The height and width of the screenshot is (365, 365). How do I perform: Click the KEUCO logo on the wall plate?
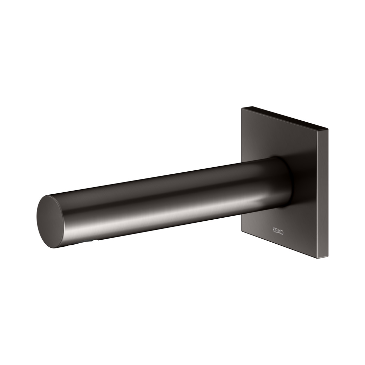(278, 231)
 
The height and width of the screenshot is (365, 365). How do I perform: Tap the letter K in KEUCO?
(273, 230)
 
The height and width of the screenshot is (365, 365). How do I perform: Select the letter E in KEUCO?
(276, 230)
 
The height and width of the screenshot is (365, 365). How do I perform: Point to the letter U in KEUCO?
(278, 231)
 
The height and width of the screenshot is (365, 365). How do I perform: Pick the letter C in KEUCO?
(280, 232)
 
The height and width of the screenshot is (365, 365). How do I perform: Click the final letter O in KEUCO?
(282, 232)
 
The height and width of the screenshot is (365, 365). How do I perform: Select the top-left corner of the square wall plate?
(242, 108)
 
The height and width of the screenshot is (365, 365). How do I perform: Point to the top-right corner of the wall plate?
(328, 128)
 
